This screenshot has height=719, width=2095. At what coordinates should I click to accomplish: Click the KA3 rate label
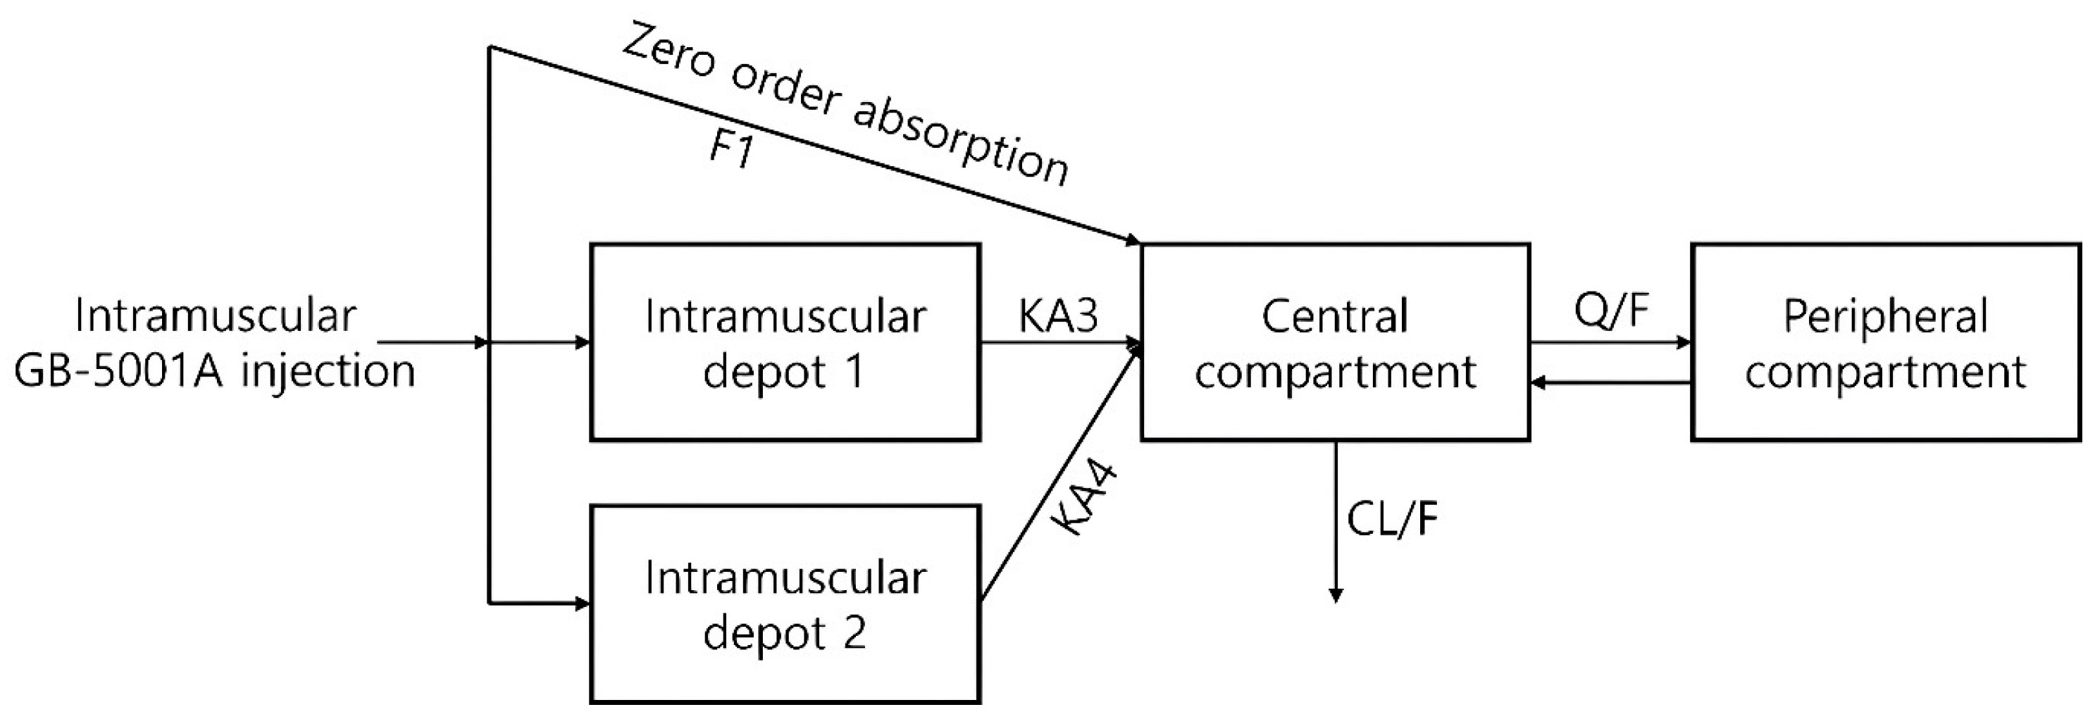[1058, 316]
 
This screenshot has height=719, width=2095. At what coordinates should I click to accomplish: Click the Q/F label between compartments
[1610, 310]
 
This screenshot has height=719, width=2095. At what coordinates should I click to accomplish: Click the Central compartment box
[1335, 342]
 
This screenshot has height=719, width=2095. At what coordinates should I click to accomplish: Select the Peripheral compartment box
[1885, 342]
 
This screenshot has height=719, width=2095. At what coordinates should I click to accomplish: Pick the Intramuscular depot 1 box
[785, 342]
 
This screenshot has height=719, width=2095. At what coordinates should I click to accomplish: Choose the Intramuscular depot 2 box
[785, 604]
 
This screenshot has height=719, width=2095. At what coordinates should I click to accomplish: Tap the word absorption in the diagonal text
[959, 142]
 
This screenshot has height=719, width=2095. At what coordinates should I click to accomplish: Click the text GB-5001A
[118, 372]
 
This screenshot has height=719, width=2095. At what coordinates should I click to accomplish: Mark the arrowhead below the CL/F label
[1335, 595]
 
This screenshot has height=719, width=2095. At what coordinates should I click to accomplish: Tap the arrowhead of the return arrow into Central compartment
[1538, 382]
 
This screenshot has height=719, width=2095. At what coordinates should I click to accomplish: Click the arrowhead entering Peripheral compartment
[1684, 342]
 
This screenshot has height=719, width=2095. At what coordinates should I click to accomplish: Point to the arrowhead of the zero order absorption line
[1132, 241]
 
